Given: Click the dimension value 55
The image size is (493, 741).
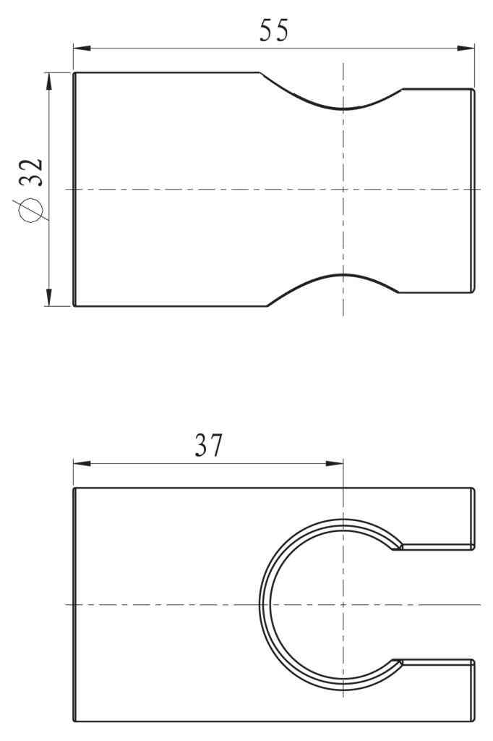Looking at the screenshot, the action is (274, 30).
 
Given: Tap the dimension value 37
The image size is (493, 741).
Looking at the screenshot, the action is (208, 445).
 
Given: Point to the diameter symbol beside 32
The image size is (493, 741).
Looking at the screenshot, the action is (30, 210).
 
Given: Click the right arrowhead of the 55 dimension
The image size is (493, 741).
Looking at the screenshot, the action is (466, 48).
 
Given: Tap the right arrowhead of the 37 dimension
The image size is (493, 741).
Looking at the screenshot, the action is (335, 464).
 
